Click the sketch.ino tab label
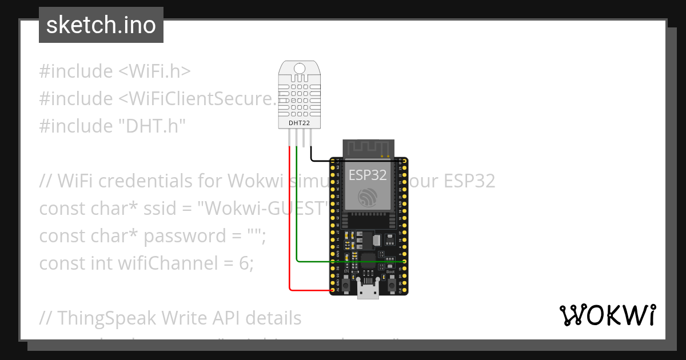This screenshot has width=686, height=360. [x=101, y=25]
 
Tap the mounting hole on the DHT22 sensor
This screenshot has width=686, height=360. [x=300, y=69]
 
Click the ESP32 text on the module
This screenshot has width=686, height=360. [x=368, y=175]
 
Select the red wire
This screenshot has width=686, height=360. [x=290, y=229]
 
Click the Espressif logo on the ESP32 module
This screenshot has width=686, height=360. [x=368, y=198]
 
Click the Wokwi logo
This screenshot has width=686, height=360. [x=607, y=315]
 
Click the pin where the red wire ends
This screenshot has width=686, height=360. [x=333, y=290]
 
